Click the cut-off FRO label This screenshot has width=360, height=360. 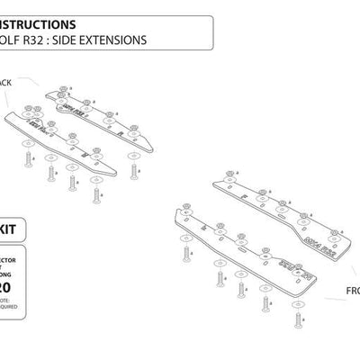point(350,292)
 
